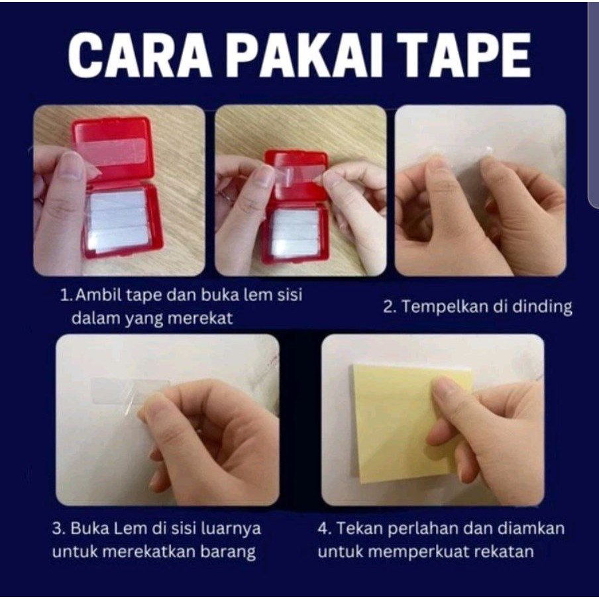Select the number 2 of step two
click(x=390, y=307)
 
